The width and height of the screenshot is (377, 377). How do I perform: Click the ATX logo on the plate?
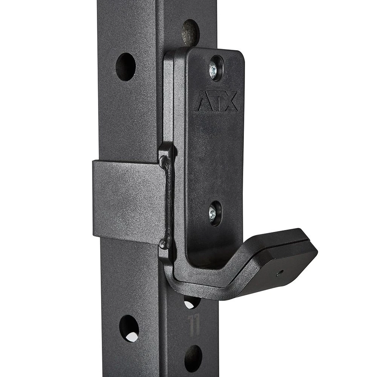click(x=216, y=101)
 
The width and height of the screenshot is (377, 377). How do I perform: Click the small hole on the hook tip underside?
click(x=279, y=272)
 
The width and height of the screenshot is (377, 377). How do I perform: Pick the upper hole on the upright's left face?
click(x=126, y=66)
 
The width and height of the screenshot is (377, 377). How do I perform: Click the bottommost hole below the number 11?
click(x=193, y=358)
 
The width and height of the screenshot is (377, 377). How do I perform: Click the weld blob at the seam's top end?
click(x=165, y=161)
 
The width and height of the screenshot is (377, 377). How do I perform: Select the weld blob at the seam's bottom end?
click(x=165, y=244)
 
